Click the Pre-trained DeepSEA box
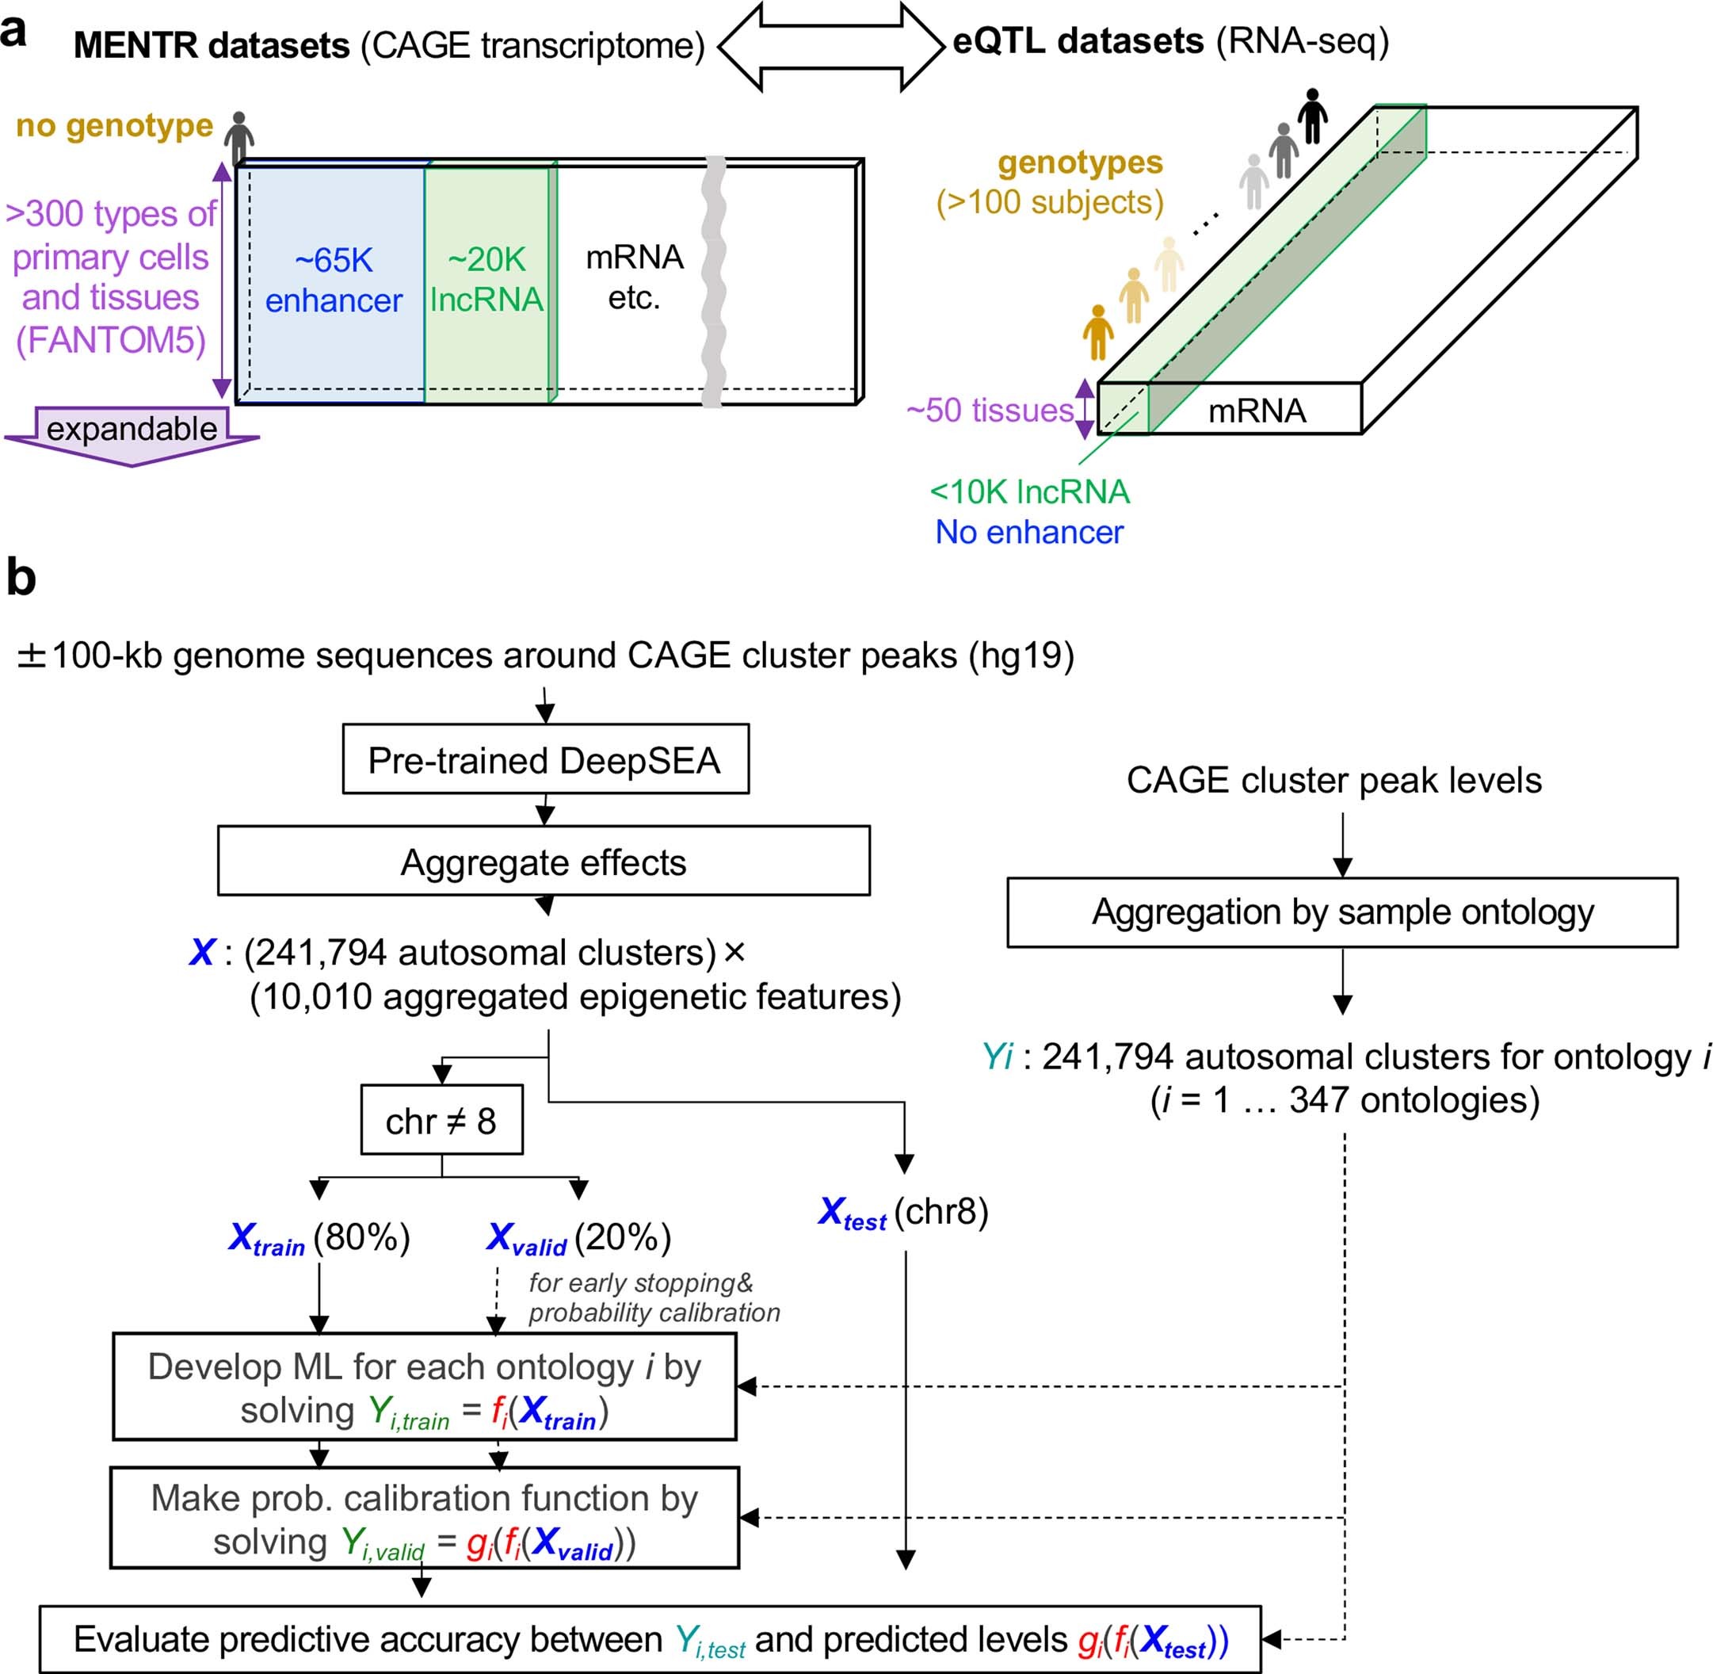[x=545, y=759]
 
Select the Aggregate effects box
[x=544, y=861]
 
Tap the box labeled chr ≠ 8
[x=441, y=1120]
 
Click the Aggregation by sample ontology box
[x=1341, y=912]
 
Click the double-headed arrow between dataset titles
[x=830, y=46]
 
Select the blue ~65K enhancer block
[x=332, y=281]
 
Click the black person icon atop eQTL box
[x=1312, y=115]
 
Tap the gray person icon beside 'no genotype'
[x=238, y=137]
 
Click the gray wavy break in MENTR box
[x=715, y=281]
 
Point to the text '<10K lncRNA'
[x=1029, y=491]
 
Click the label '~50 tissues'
[x=990, y=411]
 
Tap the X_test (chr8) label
[x=902, y=1213]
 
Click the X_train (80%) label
[x=319, y=1238]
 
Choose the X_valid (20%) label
[x=578, y=1238]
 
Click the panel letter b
[x=21, y=578]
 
